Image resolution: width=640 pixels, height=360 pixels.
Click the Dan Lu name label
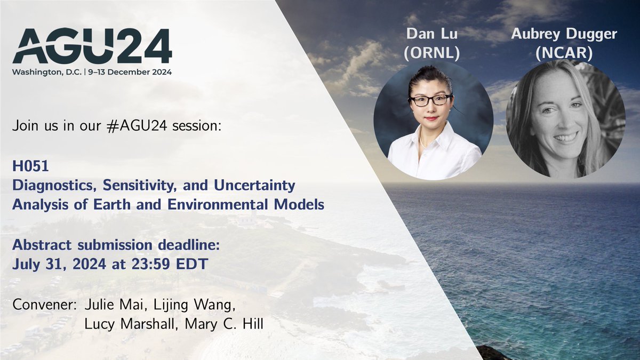[x=433, y=34]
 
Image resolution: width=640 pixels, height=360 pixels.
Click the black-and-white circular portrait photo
[x=566, y=118]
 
